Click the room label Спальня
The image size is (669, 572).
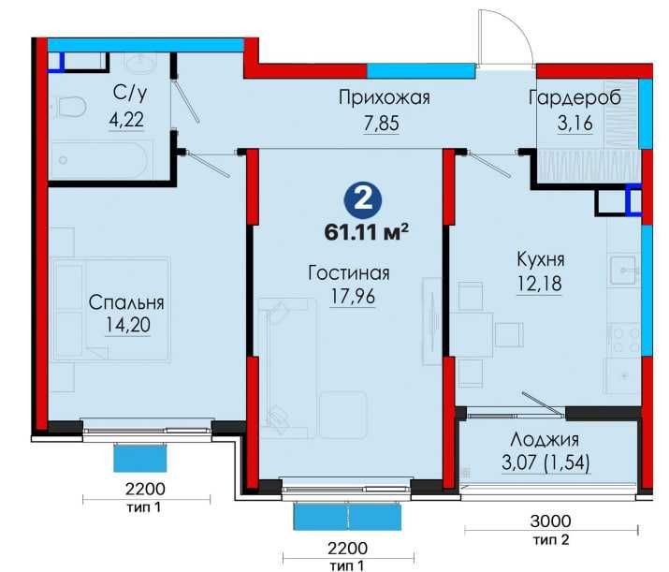127,302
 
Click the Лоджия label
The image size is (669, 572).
545,439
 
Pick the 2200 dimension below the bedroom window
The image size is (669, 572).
146,489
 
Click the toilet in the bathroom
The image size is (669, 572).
69,109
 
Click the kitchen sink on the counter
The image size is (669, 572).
623,270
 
